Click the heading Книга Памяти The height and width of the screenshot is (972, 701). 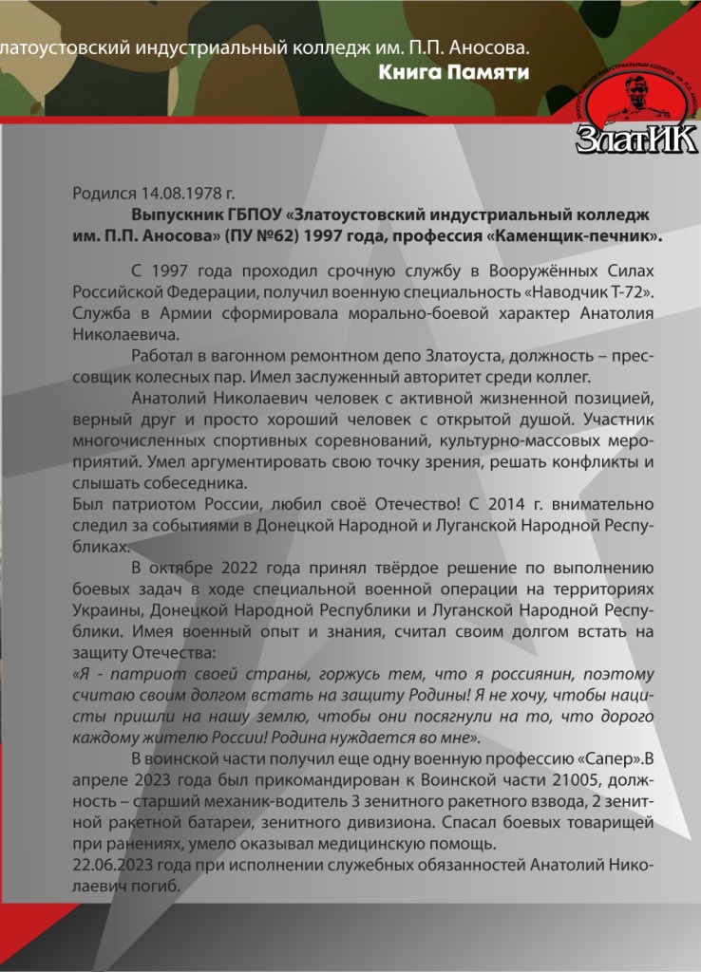[454, 72]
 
